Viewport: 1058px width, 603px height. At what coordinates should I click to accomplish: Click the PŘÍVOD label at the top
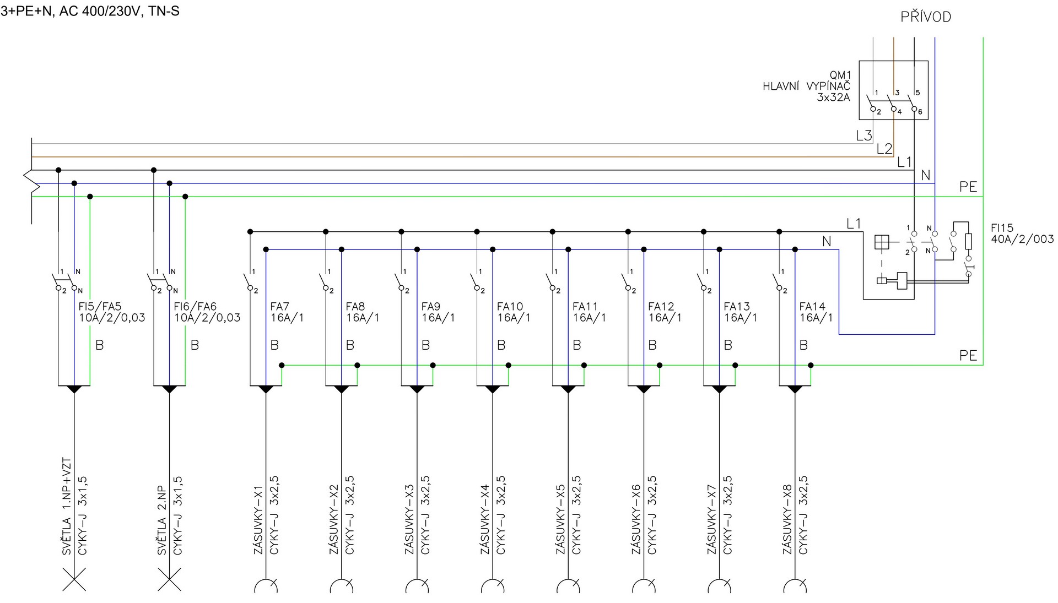(x=926, y=17)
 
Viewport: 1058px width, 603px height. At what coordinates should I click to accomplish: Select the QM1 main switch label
(x=840, y=75)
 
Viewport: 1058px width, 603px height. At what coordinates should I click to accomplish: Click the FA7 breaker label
(x=280, y=307)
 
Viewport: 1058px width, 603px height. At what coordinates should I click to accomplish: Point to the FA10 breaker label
(x=510, y=307)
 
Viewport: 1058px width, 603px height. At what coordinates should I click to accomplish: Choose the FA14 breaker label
(x=812, y=307)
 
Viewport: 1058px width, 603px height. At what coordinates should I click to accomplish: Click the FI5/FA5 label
(x=100, y=307)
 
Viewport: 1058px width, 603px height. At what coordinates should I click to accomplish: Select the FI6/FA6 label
(x=195, y=307)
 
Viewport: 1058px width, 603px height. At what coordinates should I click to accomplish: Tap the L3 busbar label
(x=864, y=135)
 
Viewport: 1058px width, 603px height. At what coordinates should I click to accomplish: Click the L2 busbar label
(x=884, y=149)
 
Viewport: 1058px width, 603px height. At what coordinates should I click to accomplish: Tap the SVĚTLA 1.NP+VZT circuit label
(x=67, y=507)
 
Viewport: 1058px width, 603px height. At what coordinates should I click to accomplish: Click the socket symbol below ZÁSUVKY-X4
(x=493, y=585)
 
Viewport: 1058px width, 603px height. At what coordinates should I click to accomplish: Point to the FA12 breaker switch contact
(x=628, y=281)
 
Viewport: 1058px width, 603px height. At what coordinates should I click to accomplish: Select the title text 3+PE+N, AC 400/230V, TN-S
(x=90, y=11)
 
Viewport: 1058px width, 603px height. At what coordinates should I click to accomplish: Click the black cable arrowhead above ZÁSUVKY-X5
(x=568, y=389)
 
